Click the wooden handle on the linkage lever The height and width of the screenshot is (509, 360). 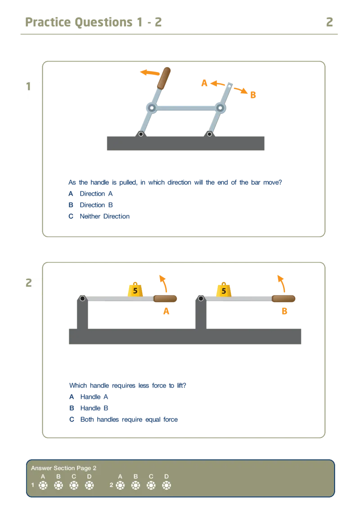pos(164,78)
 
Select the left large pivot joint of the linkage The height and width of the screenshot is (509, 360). pos(152,108)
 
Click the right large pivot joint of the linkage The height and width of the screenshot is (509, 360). pos(220,108)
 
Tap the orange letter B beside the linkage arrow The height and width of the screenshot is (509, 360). pos(253,95)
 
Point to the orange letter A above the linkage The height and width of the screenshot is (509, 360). pos(204,83)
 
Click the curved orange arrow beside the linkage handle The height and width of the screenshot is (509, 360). pos(149,72)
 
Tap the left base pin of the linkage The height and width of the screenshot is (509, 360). pos(141,134)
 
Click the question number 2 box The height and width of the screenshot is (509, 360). pos(31,286)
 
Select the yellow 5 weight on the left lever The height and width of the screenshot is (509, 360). pos(135,290)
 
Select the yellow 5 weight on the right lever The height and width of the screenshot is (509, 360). pos(224,290)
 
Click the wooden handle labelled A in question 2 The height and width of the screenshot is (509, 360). pos(165,299)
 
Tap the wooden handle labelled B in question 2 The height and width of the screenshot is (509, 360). pos(283,299)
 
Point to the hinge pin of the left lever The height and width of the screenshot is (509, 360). pos(82,298)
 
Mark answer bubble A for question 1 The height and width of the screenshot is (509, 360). pos(43,485)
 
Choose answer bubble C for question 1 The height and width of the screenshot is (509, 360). pos(74,485)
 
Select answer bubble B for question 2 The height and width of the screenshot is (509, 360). pos(135,485)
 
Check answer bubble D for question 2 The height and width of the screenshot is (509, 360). pos(166,485)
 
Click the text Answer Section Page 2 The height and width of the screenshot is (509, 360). pos(63,468)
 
